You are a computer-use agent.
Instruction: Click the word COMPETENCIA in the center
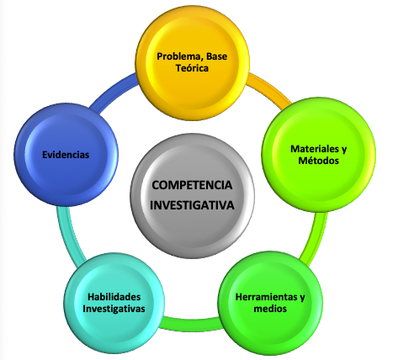[x=192, y=185]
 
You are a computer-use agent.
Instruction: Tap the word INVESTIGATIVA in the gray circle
[x=192, y=205]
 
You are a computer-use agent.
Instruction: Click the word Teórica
[x=192, y=68]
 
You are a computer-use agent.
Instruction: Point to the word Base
[x=217, y=56]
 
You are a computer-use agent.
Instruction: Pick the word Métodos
[x=319, y=161]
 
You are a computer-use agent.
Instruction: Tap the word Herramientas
[x=266, y=297]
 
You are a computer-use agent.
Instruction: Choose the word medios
[x=270, y=309]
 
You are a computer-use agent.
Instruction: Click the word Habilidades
[x=114, y=297]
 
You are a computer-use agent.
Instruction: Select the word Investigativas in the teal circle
[x=114, y=309]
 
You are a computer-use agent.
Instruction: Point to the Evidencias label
[x=66, y=155]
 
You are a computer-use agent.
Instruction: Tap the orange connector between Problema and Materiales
[x=270, y=89]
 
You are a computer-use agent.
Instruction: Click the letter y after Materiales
[x=344, y=150]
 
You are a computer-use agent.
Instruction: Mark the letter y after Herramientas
[x=302, y=298]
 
